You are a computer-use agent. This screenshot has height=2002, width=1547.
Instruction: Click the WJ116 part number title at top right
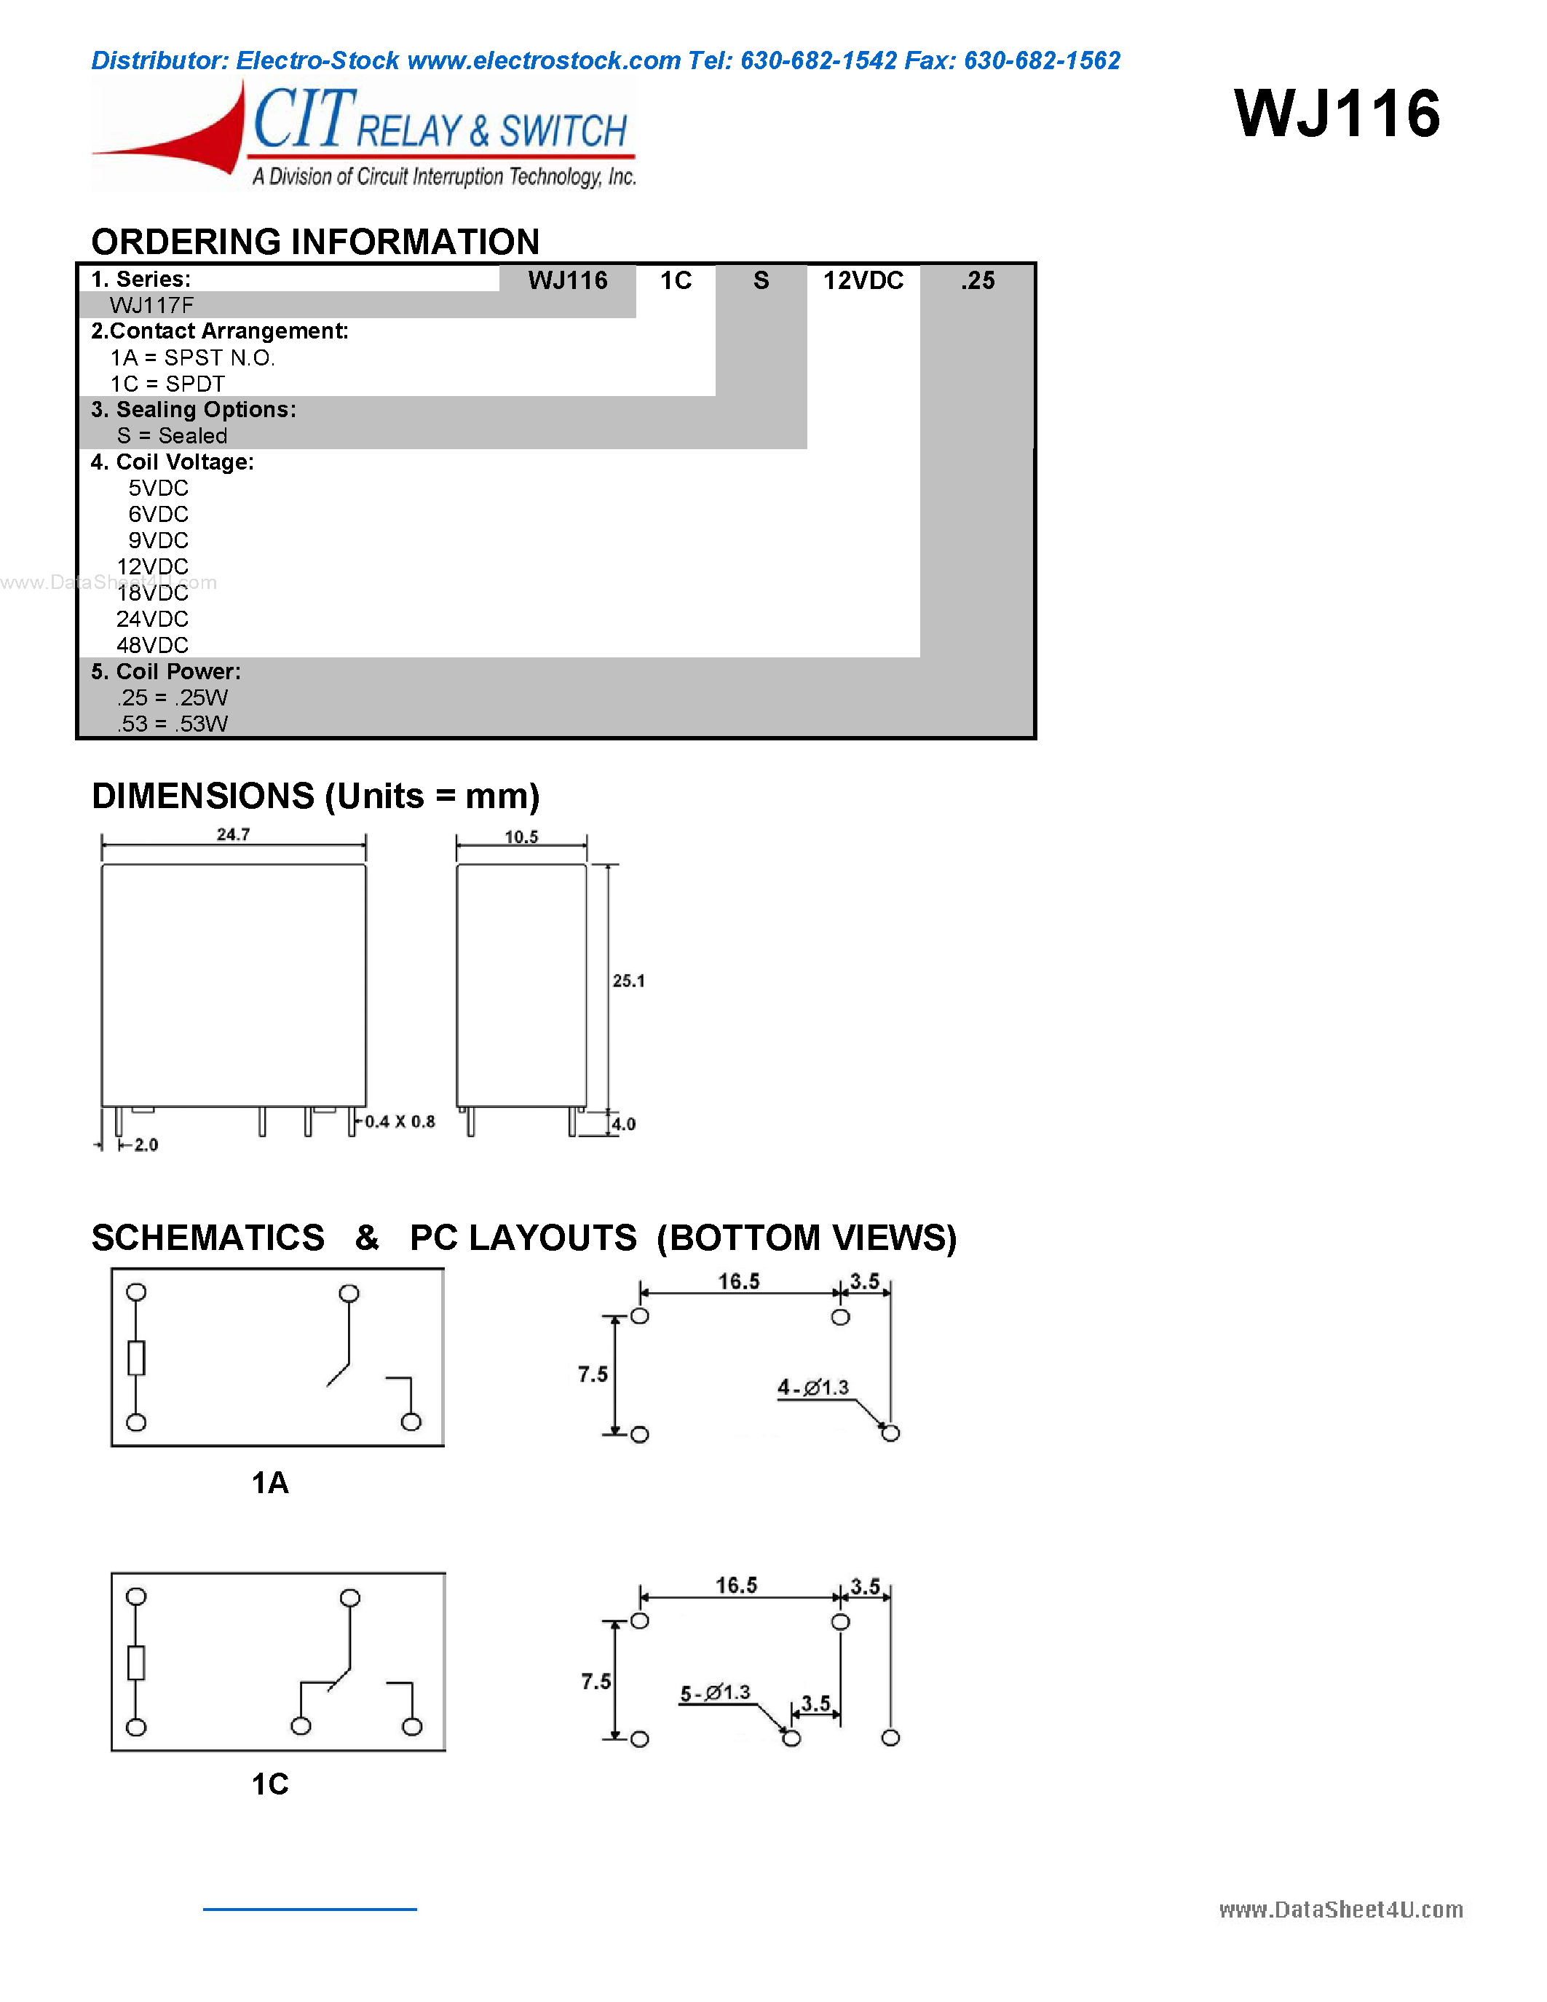click(1337, 114)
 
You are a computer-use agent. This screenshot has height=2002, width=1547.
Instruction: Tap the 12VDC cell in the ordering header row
click(863, 280)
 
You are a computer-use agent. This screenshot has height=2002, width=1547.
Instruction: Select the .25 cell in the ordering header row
click(977, 280)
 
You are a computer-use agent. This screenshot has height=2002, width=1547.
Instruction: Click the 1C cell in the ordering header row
click(676, 280)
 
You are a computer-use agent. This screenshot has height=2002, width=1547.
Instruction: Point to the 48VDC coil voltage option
click(152, 645)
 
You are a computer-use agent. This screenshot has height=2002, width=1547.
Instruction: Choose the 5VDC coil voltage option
click(158, 488)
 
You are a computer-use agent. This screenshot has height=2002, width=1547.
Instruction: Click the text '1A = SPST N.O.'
click(192, 357)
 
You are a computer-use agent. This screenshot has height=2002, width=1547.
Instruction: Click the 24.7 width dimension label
click(233, 834)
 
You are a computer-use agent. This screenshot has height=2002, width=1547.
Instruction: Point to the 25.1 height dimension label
click(629, 981)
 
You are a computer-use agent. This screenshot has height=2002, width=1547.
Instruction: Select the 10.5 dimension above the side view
click(521, 837)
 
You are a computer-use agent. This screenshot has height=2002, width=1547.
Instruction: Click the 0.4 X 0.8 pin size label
click(400, 1121)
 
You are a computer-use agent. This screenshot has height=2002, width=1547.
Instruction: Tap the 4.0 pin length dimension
click(624, 1124)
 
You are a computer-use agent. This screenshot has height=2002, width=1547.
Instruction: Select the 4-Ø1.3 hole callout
click(813, 1388)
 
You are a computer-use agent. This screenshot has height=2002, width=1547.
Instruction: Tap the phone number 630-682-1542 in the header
click(818, 60)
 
